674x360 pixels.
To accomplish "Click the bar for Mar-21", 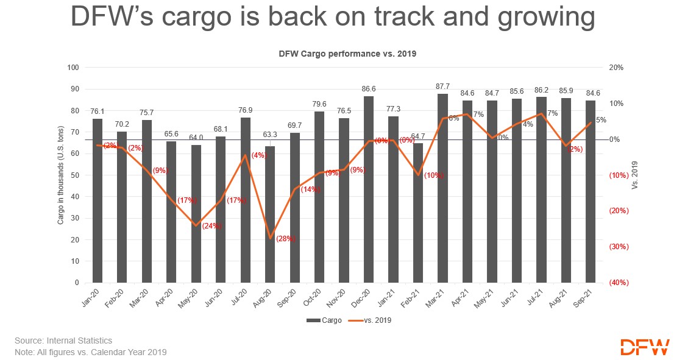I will (442, 188).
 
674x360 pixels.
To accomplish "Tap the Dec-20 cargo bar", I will (368, 189).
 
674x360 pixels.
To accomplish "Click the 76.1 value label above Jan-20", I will (98, 111).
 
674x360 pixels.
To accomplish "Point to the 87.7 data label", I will (442, 86).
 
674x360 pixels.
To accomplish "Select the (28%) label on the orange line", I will (285, 239).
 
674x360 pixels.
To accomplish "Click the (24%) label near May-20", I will (211, 225).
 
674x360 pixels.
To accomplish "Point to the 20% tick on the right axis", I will (616, 68).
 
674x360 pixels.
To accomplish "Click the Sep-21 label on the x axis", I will (589, 299).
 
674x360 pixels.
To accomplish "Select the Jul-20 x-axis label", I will (244, 299).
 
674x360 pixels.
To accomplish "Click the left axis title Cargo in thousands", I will (60, 175).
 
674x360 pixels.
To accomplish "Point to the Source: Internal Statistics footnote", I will (63, 341).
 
